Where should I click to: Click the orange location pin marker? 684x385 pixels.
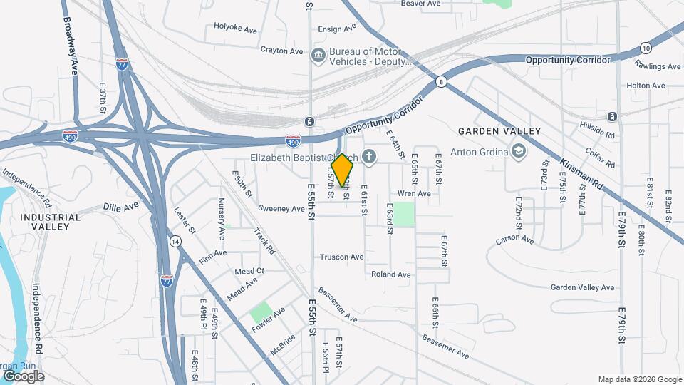(x=342, y=170)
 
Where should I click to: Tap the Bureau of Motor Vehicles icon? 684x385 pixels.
(x=318, y=54)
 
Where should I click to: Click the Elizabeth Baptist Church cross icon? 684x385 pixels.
(x=369, y=156)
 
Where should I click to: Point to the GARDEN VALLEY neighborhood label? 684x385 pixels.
(x=499, y=131)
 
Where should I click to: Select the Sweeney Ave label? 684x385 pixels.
(x=281, y=209)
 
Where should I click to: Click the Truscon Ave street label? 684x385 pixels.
(x=341, y=257)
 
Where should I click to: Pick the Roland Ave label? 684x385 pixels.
(x=390, y=274)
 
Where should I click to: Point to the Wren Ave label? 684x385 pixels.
(x=414, y=193)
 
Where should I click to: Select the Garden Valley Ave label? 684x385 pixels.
(x=581, y=288)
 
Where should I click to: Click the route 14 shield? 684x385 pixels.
(x=175, y=242)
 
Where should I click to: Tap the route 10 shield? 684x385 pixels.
(x=646, y=48)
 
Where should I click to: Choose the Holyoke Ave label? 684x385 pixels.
(x=235, y=29)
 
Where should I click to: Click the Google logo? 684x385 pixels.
(x=23, y=376)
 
